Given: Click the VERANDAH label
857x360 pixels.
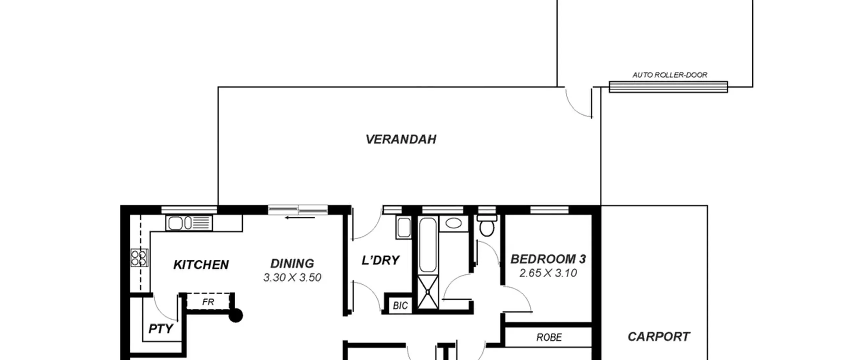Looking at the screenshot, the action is (401, 139).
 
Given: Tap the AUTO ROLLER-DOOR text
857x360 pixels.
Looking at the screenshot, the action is (670, 75).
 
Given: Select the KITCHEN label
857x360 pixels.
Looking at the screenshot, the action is (201, 265).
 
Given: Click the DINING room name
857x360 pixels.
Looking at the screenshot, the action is (292, 264).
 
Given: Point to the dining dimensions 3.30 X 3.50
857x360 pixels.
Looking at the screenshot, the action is (292, 277).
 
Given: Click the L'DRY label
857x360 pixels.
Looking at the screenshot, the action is (381, 260).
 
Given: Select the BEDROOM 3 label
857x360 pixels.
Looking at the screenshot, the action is (548, 259).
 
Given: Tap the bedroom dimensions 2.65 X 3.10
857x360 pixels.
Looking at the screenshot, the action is (548, 273).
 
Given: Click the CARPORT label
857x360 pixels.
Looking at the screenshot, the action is (658, 337).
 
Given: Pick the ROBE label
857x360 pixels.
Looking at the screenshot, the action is (549, 337).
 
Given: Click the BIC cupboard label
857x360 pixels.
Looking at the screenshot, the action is (400, 305).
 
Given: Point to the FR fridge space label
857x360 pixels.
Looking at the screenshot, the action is (208, 302).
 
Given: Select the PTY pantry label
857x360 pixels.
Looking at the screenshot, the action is (161, 329).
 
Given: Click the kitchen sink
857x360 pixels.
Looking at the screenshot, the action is (189, 223).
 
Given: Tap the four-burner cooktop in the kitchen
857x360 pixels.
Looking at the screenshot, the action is (139, 258).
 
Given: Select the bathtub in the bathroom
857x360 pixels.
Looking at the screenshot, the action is (428, 245).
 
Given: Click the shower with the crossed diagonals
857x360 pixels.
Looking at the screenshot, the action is (428, 292).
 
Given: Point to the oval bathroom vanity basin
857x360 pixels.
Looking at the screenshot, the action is (454, 223).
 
